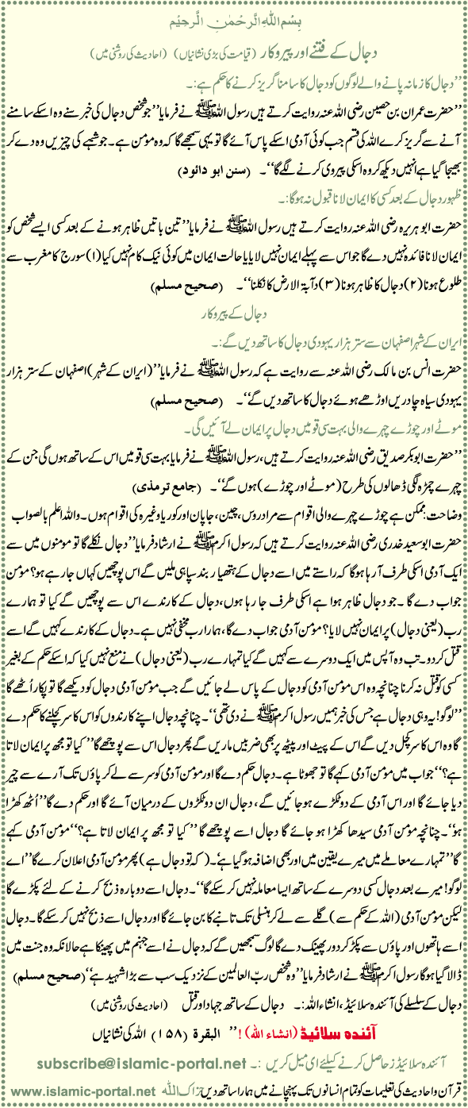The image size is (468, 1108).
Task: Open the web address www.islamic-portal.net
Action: [x=59, y=1095]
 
